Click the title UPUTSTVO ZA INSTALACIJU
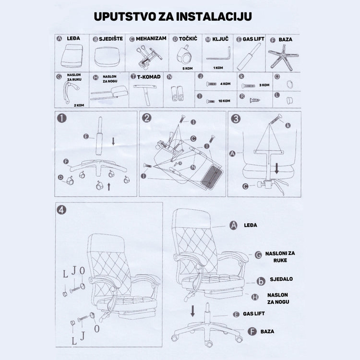pos(173,16)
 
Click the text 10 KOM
pos(224,101)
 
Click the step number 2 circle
pos(147,119)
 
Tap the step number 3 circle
pos(235,119)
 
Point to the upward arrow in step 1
pos(109,185)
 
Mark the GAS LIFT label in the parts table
pos(252,40)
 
